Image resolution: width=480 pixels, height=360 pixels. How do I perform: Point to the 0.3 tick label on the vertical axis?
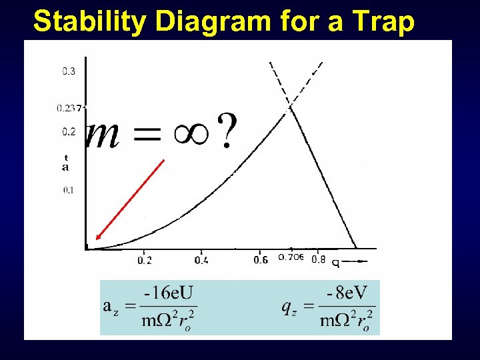69,72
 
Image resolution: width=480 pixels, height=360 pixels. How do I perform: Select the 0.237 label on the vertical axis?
69,107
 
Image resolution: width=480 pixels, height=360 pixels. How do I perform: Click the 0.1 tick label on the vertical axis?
69,190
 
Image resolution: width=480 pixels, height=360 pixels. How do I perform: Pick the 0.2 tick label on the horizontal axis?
145,260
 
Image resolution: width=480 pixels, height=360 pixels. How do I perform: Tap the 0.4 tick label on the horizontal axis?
201,260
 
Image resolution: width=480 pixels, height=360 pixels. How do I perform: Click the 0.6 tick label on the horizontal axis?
261,260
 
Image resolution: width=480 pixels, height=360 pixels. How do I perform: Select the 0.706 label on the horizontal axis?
291,258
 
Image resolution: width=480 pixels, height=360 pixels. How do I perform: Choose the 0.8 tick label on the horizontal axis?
319,260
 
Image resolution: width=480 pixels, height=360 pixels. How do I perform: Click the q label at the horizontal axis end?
335,263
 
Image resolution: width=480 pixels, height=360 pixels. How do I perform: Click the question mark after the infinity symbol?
227,131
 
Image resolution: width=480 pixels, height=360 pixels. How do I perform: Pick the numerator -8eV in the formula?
347,293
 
